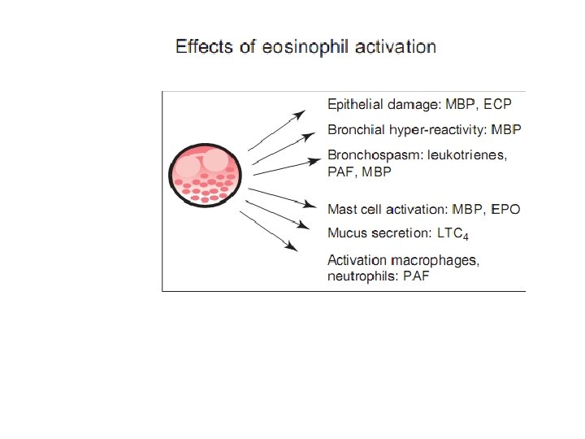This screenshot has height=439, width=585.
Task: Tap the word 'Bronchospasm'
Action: tap(371, 155)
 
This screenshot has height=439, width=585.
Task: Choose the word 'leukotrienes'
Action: tap(466, 155)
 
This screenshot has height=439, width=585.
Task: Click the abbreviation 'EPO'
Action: tap(505, 209)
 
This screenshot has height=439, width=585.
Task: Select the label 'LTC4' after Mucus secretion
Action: tap(453, 234)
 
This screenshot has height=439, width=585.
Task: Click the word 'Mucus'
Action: tap(346, 233)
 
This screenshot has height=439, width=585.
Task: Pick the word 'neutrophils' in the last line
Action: tap(361, 276)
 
